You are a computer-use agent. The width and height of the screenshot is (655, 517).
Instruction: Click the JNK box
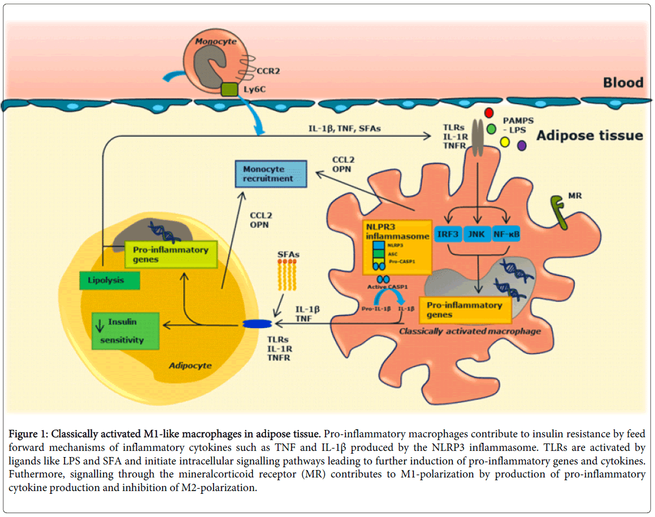click(478, 234)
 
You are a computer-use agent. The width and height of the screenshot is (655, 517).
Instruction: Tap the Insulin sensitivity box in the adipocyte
click(126, 331)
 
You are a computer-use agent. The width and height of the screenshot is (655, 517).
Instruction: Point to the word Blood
click(622, 83)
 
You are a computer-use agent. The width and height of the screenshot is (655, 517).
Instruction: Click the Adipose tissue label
click(589, 135)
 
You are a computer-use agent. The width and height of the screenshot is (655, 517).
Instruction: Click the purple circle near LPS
click(521, 145)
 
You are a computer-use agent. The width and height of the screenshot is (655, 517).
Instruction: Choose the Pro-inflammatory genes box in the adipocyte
click(170, 255)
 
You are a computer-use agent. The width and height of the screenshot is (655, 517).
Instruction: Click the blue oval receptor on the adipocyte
click(258, 324)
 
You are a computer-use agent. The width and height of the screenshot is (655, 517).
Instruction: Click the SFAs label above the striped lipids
click(289, 255)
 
